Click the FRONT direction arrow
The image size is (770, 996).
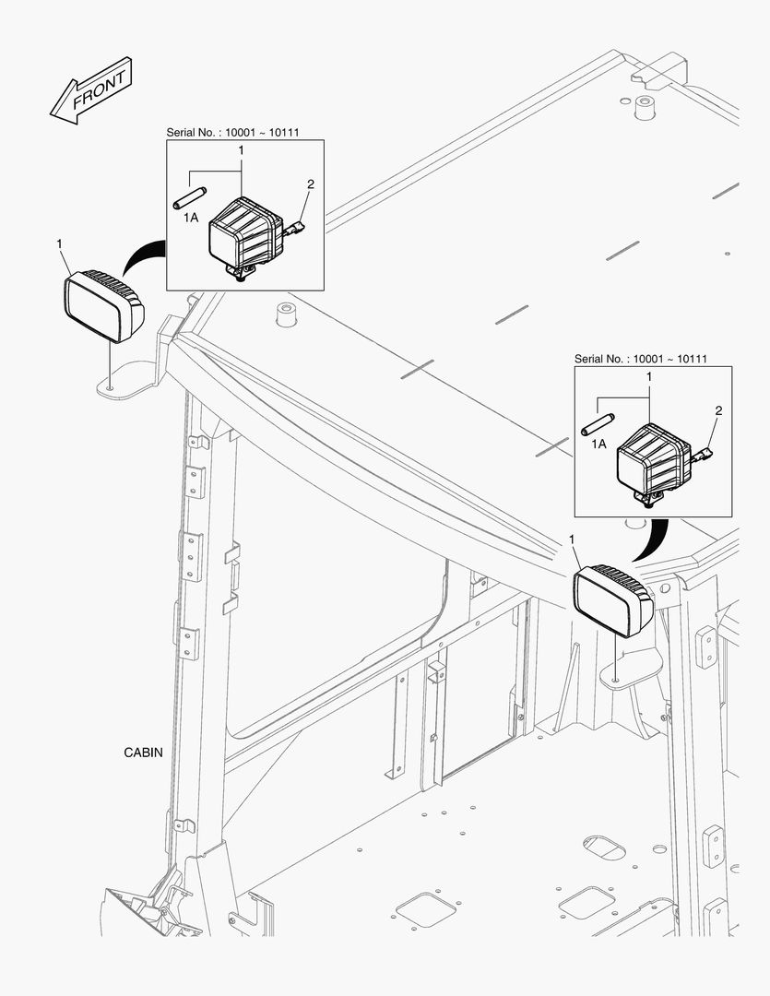[91, 90]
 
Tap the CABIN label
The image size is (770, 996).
[143, 753]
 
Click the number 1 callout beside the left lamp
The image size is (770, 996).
[60, 243]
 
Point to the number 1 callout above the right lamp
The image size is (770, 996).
[573, 539]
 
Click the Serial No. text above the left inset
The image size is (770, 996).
[231, 132]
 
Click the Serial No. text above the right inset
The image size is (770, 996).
[640, 359]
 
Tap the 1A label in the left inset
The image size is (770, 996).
[191, 217]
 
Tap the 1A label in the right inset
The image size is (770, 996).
[598, 444]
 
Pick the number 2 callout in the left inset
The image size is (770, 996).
[310, 184]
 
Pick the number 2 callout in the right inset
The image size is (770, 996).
[718, 410]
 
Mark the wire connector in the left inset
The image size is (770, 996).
[295, 227]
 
